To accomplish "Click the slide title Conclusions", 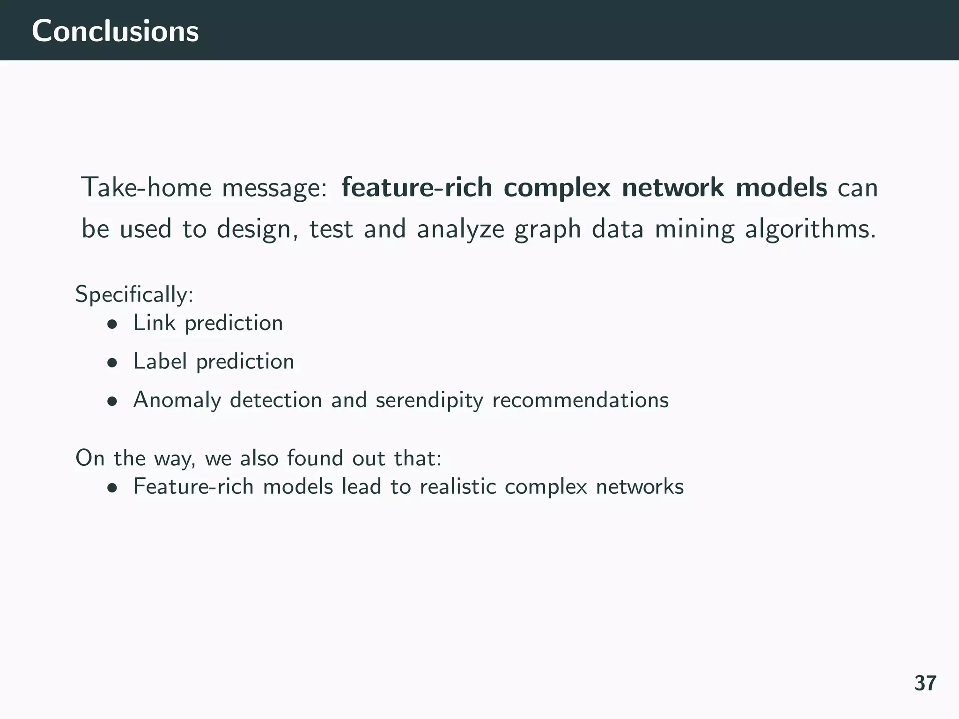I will click(115, 31).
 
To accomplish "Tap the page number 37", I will click(925, 683).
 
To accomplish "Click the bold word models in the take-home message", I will click(781, 188).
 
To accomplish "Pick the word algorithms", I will click(810, 229).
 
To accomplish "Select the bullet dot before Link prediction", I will click(111, 324).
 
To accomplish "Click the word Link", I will click(154, 323).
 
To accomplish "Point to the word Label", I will click(160, 361).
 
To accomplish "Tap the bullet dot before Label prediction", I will click(111, 363).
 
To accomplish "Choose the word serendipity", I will click(429, 400).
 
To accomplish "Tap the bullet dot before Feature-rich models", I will click(111, 488).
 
